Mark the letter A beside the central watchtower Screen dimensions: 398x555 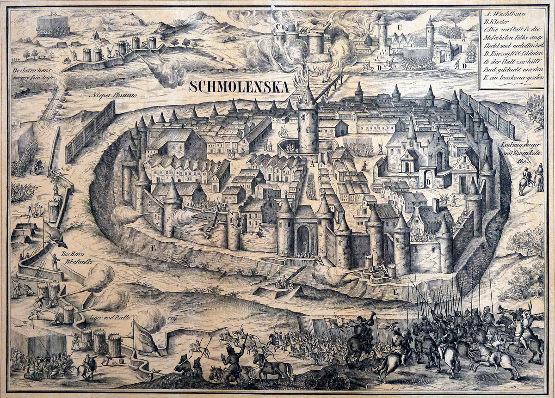[x=313, y=164]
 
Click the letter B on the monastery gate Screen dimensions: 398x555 [x=429, y=183]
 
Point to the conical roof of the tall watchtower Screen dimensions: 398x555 [x=308, y=95]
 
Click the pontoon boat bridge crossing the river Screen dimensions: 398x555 [x=53, y=104]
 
